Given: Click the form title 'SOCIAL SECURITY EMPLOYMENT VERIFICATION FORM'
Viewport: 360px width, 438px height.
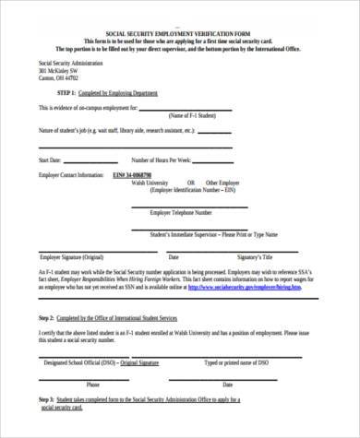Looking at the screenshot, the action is (180, 32).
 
